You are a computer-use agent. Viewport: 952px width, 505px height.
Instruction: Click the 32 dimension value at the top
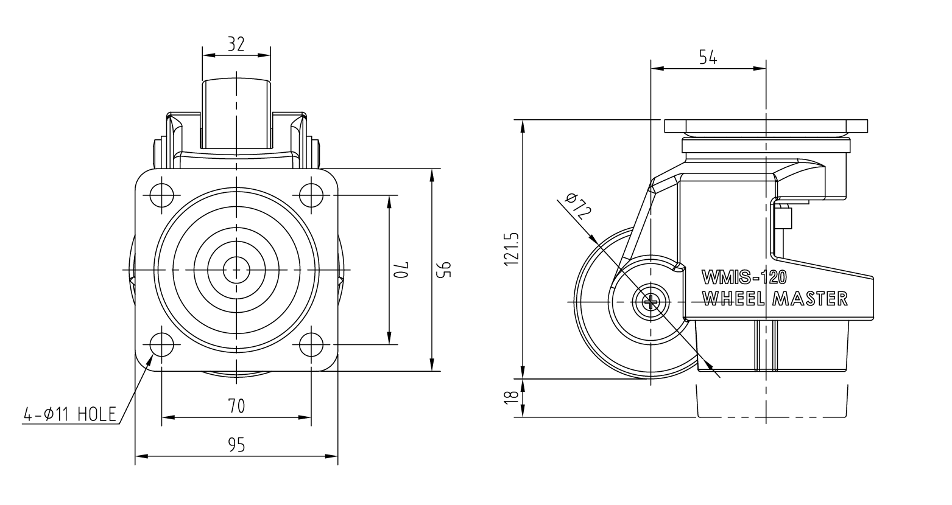[236, 44]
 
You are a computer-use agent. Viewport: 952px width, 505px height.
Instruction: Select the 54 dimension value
[708, 57]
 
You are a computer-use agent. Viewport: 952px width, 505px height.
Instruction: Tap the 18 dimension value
[512, 397]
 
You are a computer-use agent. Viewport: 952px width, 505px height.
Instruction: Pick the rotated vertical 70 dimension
[403, 270]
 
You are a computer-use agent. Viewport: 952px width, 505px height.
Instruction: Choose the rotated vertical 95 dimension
[445, 270]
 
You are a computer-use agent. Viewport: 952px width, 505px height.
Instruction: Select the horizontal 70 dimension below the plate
[236, 406]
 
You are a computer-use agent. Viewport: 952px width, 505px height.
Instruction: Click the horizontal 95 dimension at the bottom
[236, 445]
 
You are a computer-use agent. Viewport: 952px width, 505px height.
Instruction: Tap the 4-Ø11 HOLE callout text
[69, 415]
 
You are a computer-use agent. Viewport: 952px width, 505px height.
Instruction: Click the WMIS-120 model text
[744, 277]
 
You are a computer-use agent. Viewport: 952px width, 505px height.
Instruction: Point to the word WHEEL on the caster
[735, 299]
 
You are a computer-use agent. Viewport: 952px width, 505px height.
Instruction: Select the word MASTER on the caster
[810, 299]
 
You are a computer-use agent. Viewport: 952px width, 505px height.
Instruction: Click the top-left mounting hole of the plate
[162, 195]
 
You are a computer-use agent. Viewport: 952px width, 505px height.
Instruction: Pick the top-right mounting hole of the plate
[311, 195]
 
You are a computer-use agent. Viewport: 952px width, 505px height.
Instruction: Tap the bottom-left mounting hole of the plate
[162, 344]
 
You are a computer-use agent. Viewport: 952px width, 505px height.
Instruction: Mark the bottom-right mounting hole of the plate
[311, 344]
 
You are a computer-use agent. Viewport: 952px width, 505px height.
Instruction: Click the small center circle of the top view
[236, 270]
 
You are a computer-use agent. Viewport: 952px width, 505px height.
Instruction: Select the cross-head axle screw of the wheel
[651, 301]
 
